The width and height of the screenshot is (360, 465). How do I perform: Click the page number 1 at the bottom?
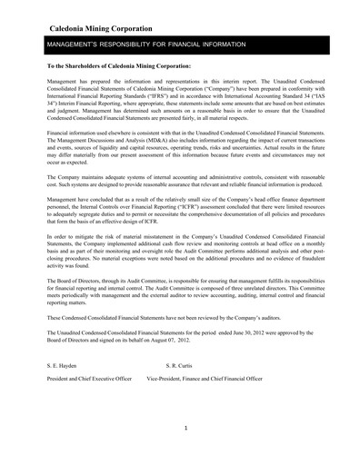[185, 427]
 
